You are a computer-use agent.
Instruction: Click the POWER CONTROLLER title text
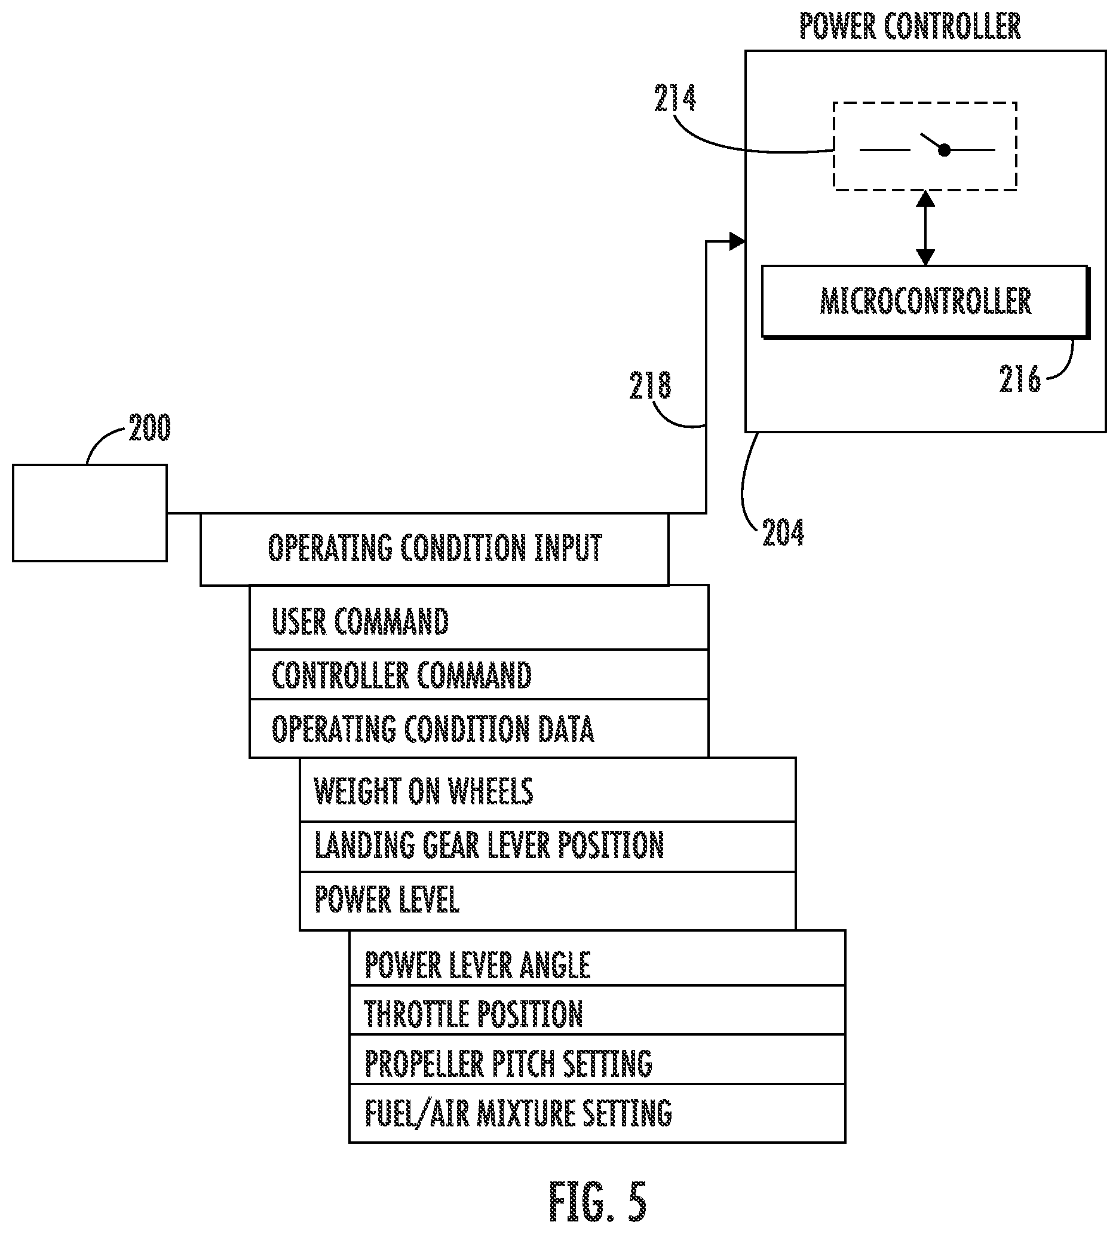click(x=910, y=26)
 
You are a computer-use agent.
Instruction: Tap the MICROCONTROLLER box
click(x=924, y=301)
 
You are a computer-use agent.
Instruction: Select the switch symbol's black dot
click(x=945, y=150)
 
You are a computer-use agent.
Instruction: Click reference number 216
click(x=1020, y=378)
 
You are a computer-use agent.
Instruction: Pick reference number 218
click(x=651, y=385)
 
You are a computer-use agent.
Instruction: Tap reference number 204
click(x=783, y=532)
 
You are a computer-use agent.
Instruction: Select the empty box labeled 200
click(x=90, y=513)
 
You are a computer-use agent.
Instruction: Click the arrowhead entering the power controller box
click(x=737, y=241)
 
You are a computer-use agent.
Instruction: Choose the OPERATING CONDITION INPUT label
click(x=435, y=548)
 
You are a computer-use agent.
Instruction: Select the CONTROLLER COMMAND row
click(x=479, y=675)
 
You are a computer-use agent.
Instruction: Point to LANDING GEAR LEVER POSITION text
click(x=489, y=846)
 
